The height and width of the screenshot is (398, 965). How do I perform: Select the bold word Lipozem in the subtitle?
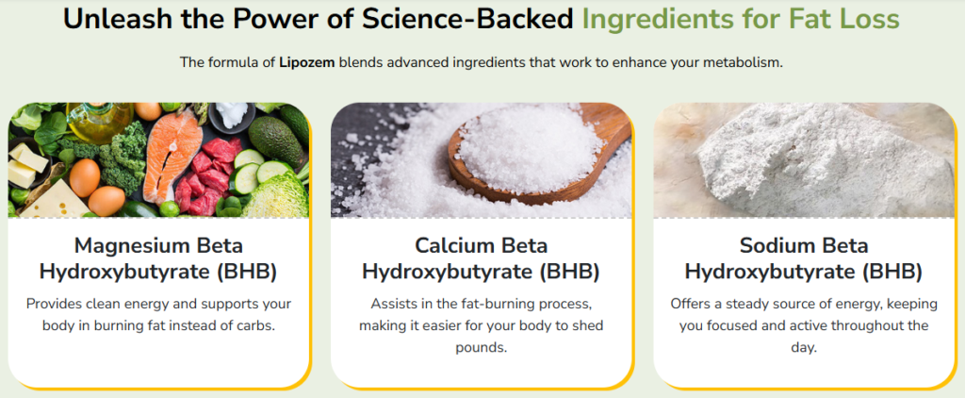307,62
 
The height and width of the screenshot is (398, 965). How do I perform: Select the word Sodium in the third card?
776,245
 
